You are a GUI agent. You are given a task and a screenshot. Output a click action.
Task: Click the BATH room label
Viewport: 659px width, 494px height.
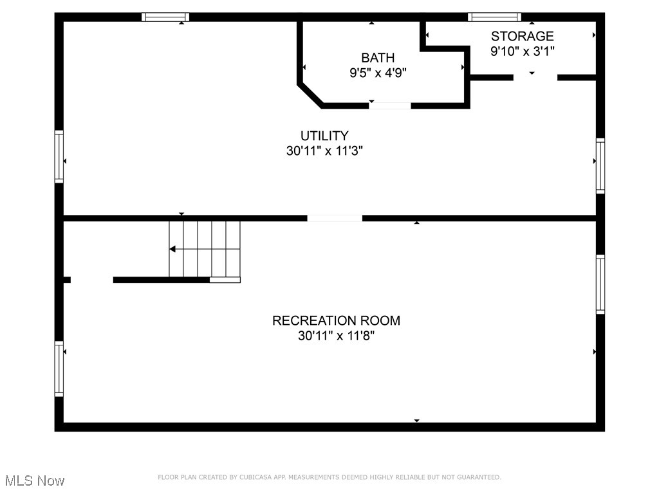[378, 58]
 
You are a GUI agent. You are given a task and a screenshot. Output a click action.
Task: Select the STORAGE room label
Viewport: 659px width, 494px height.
[522, 36]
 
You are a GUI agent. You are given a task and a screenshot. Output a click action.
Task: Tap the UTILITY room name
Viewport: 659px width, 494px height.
[324, 136]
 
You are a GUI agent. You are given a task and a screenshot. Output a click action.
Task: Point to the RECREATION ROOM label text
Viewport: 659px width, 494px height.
[336, 320]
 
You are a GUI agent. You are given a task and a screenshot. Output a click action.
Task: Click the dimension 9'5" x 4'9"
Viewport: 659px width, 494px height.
[378, 73]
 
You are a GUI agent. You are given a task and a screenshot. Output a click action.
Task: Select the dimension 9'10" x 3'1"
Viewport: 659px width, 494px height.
[522, 51]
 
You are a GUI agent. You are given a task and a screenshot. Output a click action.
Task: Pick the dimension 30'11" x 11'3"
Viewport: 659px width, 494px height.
[324, 151]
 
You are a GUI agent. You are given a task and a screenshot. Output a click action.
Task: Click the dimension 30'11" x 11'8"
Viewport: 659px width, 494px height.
[336, 336]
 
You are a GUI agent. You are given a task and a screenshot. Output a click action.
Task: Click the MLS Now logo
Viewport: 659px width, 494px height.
[34, 480]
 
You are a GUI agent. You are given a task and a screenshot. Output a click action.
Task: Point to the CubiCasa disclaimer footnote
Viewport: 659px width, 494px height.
[329, 477]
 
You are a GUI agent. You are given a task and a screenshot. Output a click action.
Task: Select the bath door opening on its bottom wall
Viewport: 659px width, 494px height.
[390, 105]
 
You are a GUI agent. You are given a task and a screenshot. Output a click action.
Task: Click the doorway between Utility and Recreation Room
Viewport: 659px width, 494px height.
[335, 218]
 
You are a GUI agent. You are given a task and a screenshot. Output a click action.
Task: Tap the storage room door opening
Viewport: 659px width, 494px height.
[535, 77]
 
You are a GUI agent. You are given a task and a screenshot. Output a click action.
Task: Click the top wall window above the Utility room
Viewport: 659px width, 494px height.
[165, 17]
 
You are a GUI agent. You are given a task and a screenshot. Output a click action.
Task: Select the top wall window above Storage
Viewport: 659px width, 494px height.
[494, 17]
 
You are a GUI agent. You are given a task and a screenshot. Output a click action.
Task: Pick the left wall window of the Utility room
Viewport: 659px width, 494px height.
[59, 156]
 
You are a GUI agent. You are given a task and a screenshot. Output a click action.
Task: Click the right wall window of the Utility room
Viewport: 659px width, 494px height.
[600, 166]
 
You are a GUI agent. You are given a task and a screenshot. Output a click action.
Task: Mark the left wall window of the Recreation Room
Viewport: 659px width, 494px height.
[59, 369]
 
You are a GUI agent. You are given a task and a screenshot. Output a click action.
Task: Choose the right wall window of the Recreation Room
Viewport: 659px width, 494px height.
[600, 284]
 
